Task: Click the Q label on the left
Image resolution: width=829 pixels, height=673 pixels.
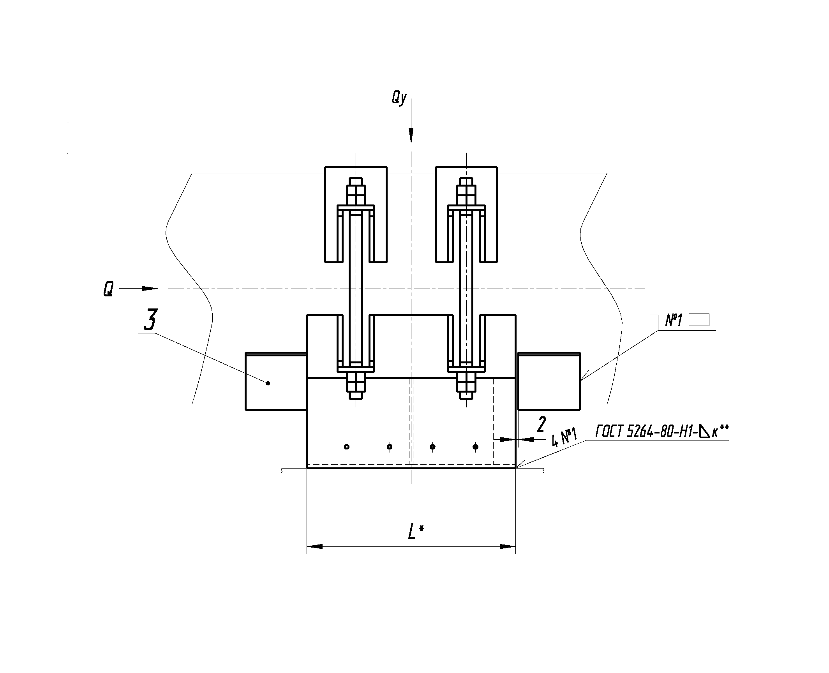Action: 108,289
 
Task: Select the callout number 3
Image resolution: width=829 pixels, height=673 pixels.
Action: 150,320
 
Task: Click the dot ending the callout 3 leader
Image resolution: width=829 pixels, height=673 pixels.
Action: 268,383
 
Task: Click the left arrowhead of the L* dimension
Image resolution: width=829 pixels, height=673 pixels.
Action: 315,546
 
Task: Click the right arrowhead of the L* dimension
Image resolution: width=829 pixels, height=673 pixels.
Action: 508,546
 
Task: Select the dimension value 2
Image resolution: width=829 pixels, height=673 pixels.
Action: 541,425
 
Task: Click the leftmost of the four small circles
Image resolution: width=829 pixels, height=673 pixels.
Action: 347,447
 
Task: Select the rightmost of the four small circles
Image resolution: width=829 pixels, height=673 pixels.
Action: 475,447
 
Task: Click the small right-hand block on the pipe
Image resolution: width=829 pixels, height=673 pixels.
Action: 549,381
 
